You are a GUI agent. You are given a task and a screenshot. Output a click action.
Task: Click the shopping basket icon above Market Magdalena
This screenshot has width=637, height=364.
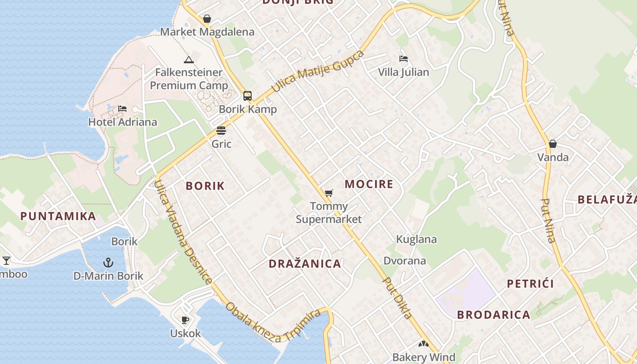tap(207, 19)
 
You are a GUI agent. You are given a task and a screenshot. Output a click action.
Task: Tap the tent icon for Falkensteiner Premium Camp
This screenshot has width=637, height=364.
tap(188, 60)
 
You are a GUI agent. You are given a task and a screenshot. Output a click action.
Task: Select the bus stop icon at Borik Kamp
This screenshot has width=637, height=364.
tap(248, 96)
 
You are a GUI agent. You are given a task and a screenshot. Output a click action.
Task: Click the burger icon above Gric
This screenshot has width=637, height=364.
tap(221, 131)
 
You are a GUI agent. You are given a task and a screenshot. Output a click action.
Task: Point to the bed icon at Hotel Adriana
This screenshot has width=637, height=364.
tap(122, 109)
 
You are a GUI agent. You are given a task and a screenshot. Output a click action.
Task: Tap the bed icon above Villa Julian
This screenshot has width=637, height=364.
tap(403, 59)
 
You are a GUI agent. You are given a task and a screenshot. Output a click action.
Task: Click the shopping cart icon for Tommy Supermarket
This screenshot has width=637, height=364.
tap(329, 193)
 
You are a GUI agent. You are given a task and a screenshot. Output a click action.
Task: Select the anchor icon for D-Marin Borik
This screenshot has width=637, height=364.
tap(108, 263)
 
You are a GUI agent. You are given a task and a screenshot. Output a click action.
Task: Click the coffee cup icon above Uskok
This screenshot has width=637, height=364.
tap(185, 320)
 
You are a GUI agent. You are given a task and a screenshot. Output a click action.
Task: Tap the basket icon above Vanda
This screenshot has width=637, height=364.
tap(553, 144)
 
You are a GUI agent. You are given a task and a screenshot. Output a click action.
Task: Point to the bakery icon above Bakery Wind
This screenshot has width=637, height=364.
tap(424, 344)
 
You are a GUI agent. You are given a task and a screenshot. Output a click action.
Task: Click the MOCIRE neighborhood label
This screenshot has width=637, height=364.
tap(369, 184)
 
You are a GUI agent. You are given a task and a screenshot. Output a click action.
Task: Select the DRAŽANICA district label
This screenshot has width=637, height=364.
tap(304, 264)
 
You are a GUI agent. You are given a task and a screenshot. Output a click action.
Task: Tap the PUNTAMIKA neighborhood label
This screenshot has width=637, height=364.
tap(58, 216)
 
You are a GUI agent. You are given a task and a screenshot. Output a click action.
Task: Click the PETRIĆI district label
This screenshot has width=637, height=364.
tap(531, 284)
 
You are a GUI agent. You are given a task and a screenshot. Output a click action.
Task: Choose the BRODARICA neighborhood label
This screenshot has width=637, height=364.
tap(494, 315)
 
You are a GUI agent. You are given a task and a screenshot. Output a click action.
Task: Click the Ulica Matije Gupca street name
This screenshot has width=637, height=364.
tap(318, 71)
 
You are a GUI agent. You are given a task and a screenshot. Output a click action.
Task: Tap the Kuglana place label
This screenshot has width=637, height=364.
tap(416, 239)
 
